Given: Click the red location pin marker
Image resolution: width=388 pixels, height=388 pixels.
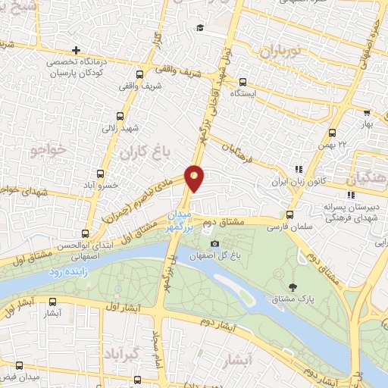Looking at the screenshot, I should click(195, 178).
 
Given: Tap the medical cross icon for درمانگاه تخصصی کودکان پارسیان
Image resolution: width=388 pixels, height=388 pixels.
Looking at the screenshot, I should click(76, 50).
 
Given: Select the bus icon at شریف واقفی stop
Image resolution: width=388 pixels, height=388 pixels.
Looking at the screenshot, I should click(139, 74).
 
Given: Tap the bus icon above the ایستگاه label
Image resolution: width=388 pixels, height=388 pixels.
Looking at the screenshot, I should click(242, 83).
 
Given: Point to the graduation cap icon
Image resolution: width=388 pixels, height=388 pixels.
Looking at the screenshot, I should click(199, 28).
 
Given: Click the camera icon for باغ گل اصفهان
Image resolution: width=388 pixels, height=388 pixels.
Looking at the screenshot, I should click(215, 243).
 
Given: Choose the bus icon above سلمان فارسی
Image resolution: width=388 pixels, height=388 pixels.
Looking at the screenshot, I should click(289, 214).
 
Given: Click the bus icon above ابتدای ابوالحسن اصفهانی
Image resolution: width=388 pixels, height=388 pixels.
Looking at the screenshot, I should click(85, 233).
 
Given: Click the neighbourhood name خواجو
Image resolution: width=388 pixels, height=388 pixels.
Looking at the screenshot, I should click(49, 152).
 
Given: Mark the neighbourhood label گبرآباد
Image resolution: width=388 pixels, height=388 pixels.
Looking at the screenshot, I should click(122, 353).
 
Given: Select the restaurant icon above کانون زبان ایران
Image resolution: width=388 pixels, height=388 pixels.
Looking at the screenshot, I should click(299, 170).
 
